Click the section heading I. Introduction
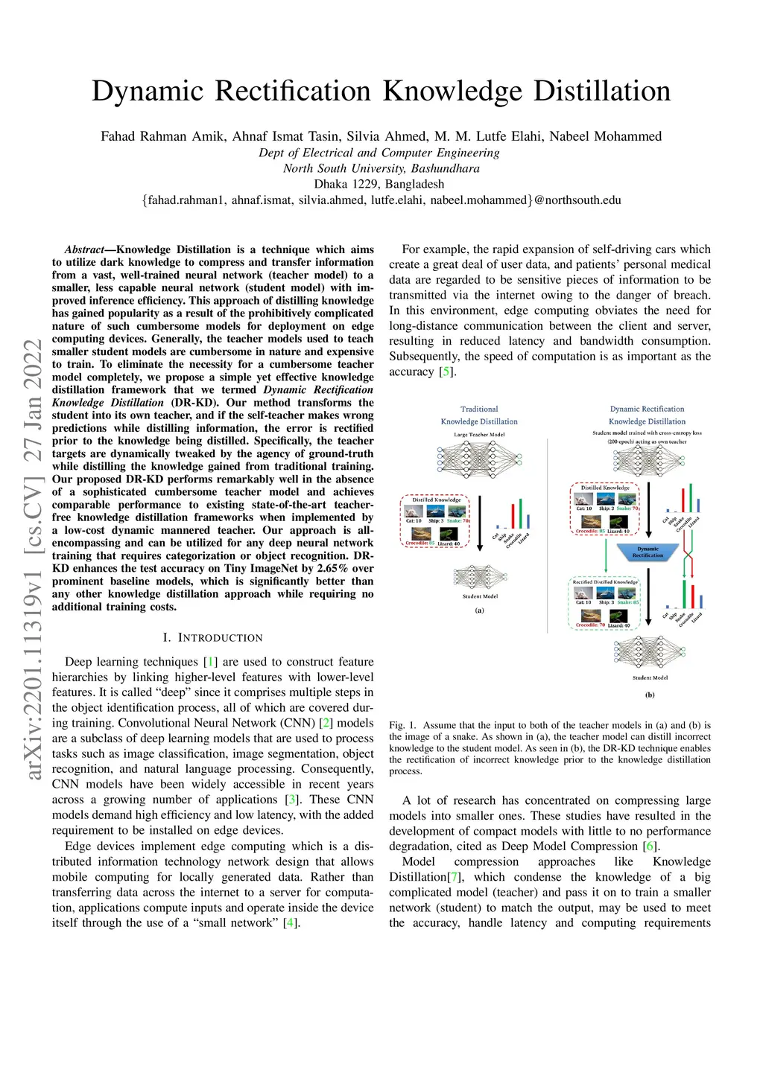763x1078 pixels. pyautogui.click(x=212, y=638)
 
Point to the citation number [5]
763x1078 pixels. pyautogui.click(x=446, y=371)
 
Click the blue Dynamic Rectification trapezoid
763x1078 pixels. pyautogui.click(x=648, y=552)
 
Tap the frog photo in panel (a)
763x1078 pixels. pyautogui.click(x=449, y=533)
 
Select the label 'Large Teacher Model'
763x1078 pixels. pyautogui.click(x=479, y=435)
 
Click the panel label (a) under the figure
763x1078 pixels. pyautogui.click(x=480, y=610)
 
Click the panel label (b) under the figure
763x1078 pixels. pyautogui.click(x=650, y=695)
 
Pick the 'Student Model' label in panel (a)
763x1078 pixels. pyautogui.click(x=480, y=596)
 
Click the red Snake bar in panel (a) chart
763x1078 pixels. pyautogui.click(x=512, y=516)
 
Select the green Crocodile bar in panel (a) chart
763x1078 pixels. pyautogui.click(x=520, y=513)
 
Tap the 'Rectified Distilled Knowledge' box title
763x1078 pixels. pyautogui.click(x=605, y=582)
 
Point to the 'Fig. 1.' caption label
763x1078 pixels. pyautogui.click(x=402, y=725)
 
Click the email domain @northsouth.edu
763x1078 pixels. pyautogui.click(x=577, y=200)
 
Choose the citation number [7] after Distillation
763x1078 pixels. pyautogui.click(x=455, y=877)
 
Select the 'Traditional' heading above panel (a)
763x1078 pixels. pyautogui.click(x=479, y=409)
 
